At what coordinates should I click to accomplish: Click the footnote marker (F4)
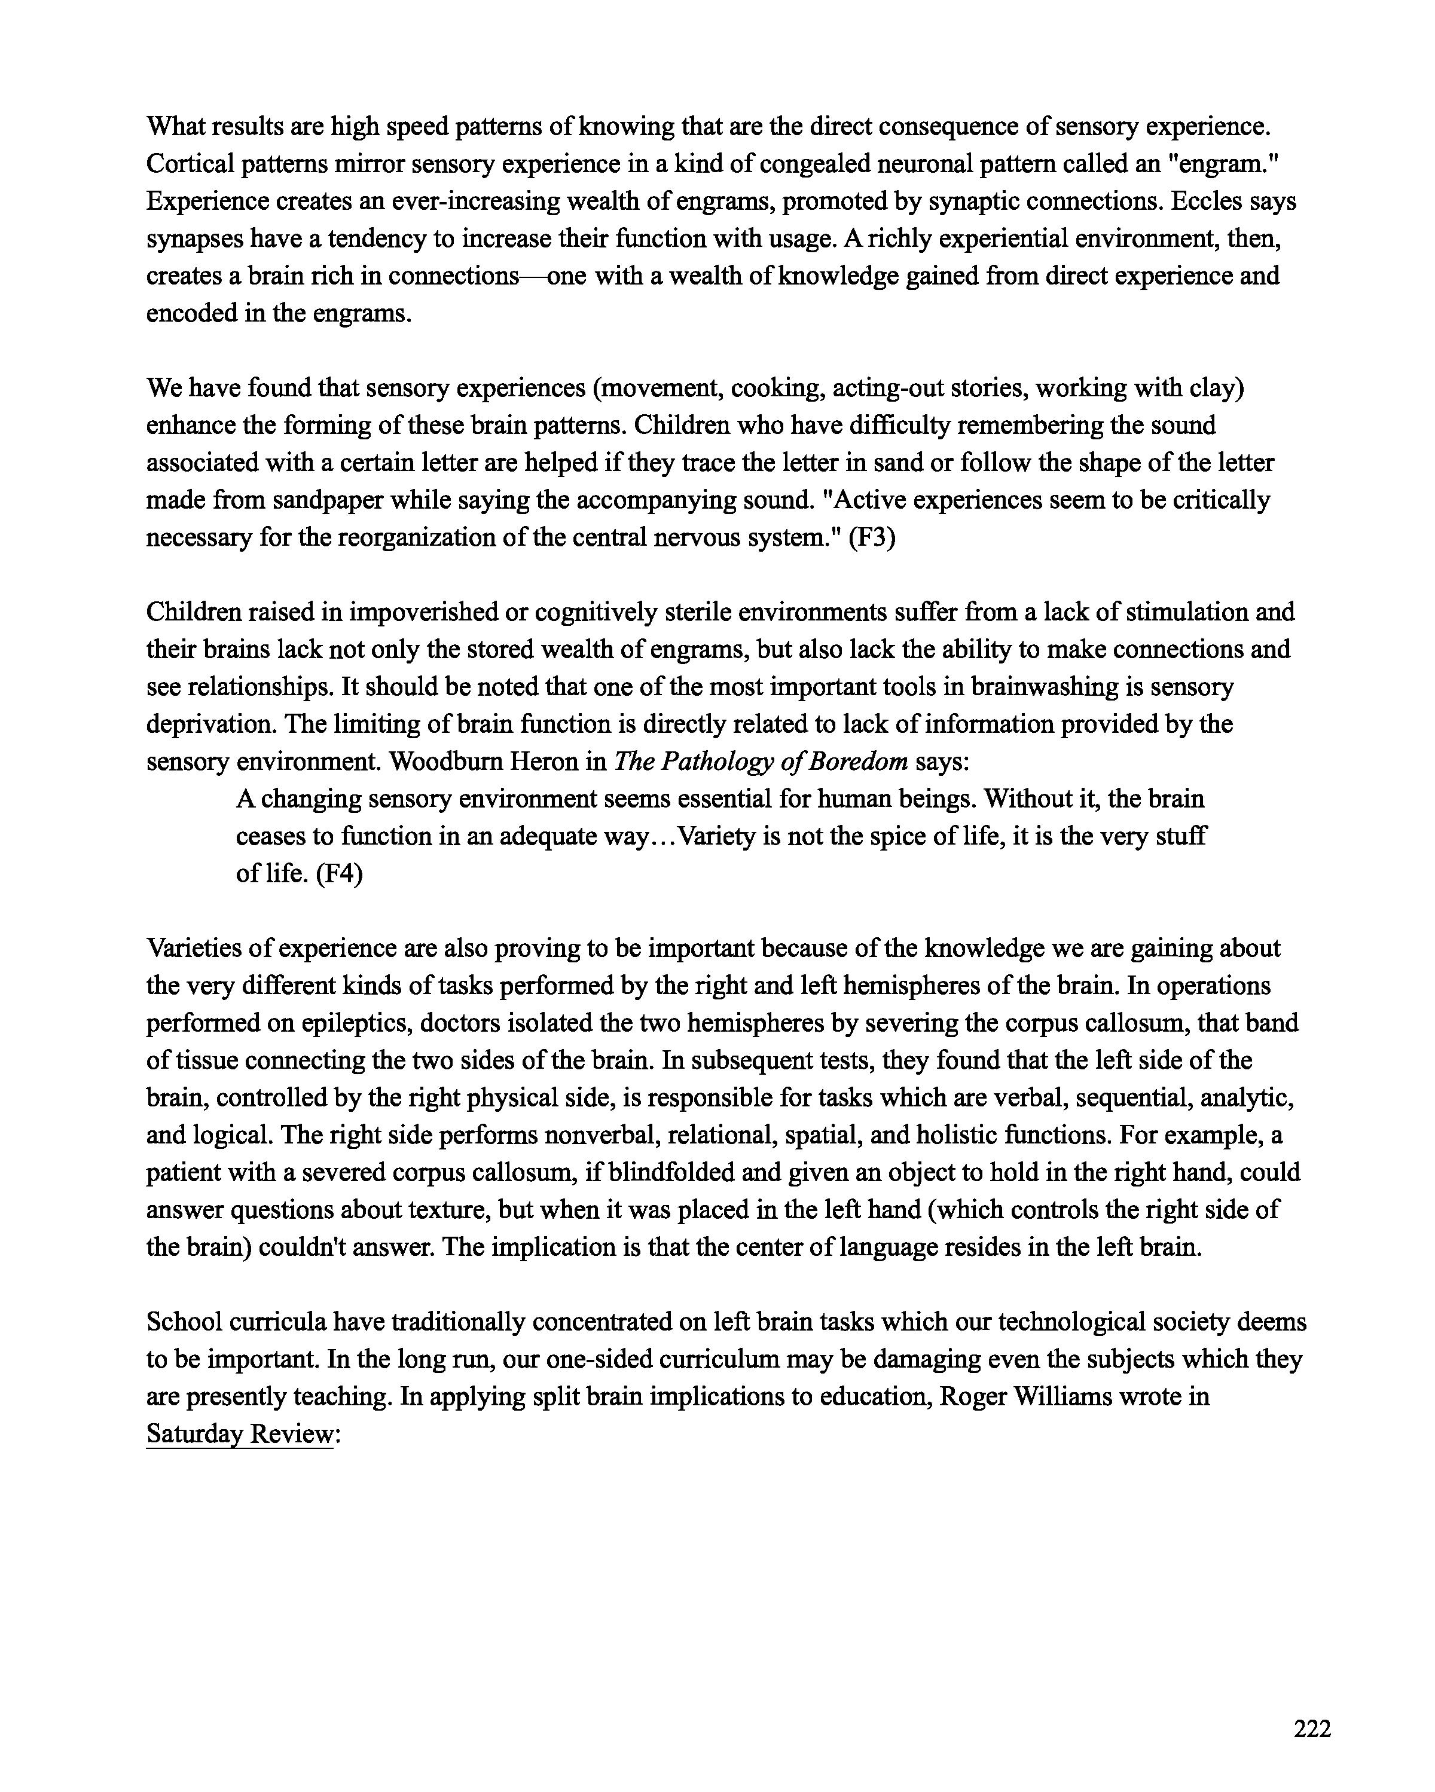341,873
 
